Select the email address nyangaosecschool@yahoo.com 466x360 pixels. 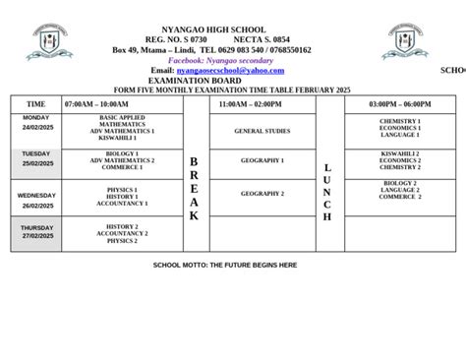point(230,70)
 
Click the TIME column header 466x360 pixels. point(36,103)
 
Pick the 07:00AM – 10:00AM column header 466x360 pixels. point(96,103)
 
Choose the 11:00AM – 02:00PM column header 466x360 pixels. point(247,103)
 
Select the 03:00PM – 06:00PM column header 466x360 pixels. point(399,103)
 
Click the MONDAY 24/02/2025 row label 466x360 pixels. point(36,123)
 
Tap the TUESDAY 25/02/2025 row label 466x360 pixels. point(36,158)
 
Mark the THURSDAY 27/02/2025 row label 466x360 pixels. point(36,231)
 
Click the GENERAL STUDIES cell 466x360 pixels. point(262,130)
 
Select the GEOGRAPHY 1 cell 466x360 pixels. point(262,159)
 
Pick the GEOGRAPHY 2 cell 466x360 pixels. point(262,194)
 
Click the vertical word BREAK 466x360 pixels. point(194,188)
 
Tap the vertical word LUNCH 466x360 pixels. point(328,192)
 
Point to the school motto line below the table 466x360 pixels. point(225,265)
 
